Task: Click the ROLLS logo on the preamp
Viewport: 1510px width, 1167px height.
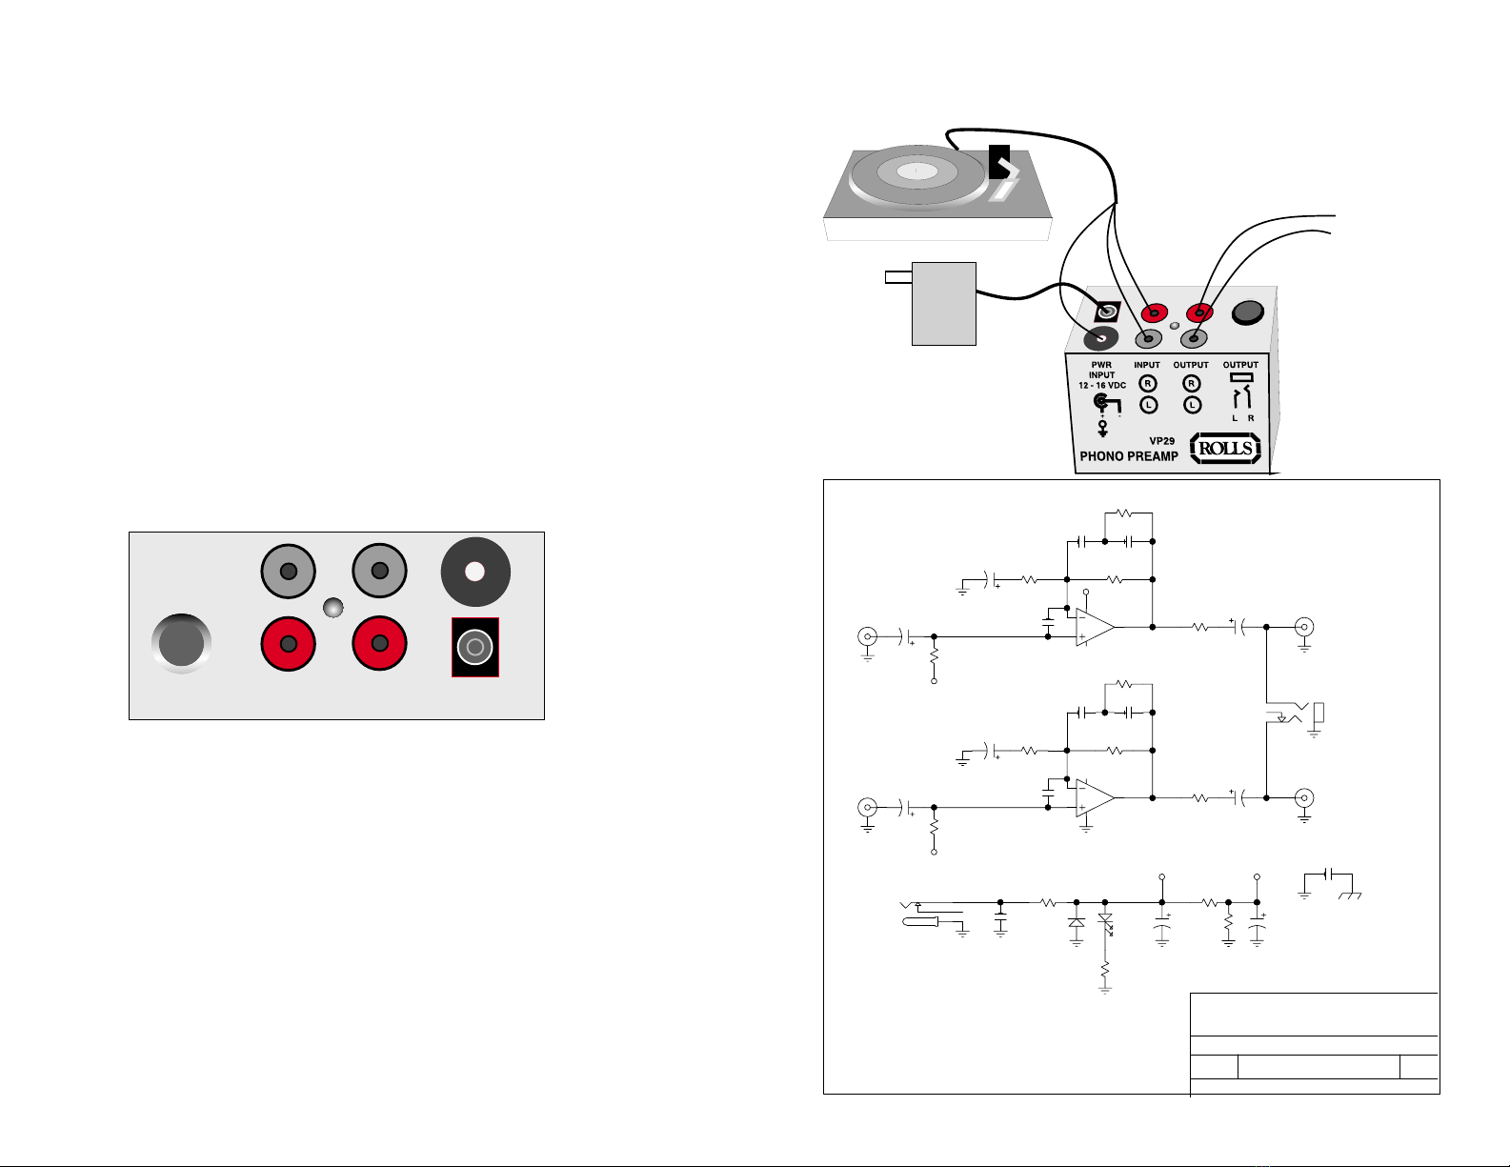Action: (1225, 448)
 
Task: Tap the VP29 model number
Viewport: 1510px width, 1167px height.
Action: (1161, 441)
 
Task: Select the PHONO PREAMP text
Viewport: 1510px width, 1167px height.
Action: (1128, 456)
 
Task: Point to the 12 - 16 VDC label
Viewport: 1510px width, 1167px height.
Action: (1102, 386)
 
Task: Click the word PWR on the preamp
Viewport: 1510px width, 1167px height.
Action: (1101, 365)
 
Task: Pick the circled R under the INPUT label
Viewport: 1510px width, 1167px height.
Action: (1148, 384)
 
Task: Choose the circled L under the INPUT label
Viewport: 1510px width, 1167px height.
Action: (1148, 405)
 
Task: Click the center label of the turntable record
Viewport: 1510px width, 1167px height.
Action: (915, 171)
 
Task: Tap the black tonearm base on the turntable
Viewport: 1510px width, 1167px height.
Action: (998, 162)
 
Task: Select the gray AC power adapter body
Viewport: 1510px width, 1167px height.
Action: (944, 303)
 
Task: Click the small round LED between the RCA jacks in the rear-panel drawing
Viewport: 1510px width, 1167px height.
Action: (332, 608)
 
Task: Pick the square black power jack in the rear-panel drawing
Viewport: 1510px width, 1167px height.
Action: (475, 649)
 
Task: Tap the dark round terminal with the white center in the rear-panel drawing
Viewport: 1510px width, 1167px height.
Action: (475, 572)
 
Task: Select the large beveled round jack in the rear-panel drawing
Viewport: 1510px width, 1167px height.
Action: (182, 644)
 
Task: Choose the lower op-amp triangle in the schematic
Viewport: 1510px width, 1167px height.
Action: (1095, 798)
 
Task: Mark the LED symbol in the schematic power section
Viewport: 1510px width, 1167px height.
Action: (1105, 920)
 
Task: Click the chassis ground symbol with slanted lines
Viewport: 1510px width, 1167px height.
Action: (1350, 895)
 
